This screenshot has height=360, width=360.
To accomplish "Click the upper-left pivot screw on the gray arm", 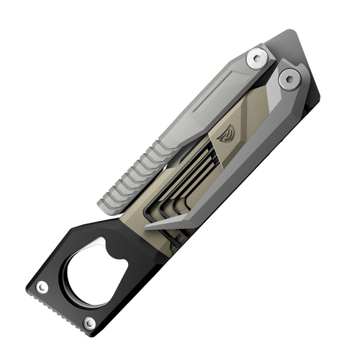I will (x=257, y=58).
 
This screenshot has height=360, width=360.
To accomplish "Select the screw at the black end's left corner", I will (x=43, y=287).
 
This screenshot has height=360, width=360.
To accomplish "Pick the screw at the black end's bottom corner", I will (x=89, y=322).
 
